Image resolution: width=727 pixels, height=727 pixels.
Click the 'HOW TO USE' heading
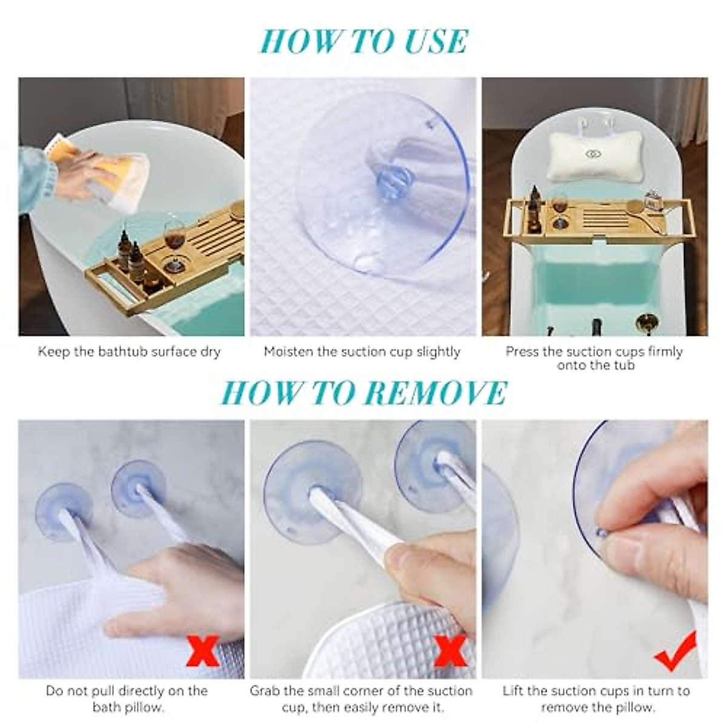pos(363,41)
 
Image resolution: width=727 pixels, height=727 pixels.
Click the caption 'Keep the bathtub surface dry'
pos(129,351)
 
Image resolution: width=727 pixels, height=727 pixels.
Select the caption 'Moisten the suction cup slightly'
pos(362,351)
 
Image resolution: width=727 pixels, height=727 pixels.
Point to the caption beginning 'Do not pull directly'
pos(127,698)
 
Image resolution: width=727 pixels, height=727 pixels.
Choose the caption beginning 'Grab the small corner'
pos(362,698)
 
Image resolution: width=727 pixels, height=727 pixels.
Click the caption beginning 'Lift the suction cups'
pos(596,698)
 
